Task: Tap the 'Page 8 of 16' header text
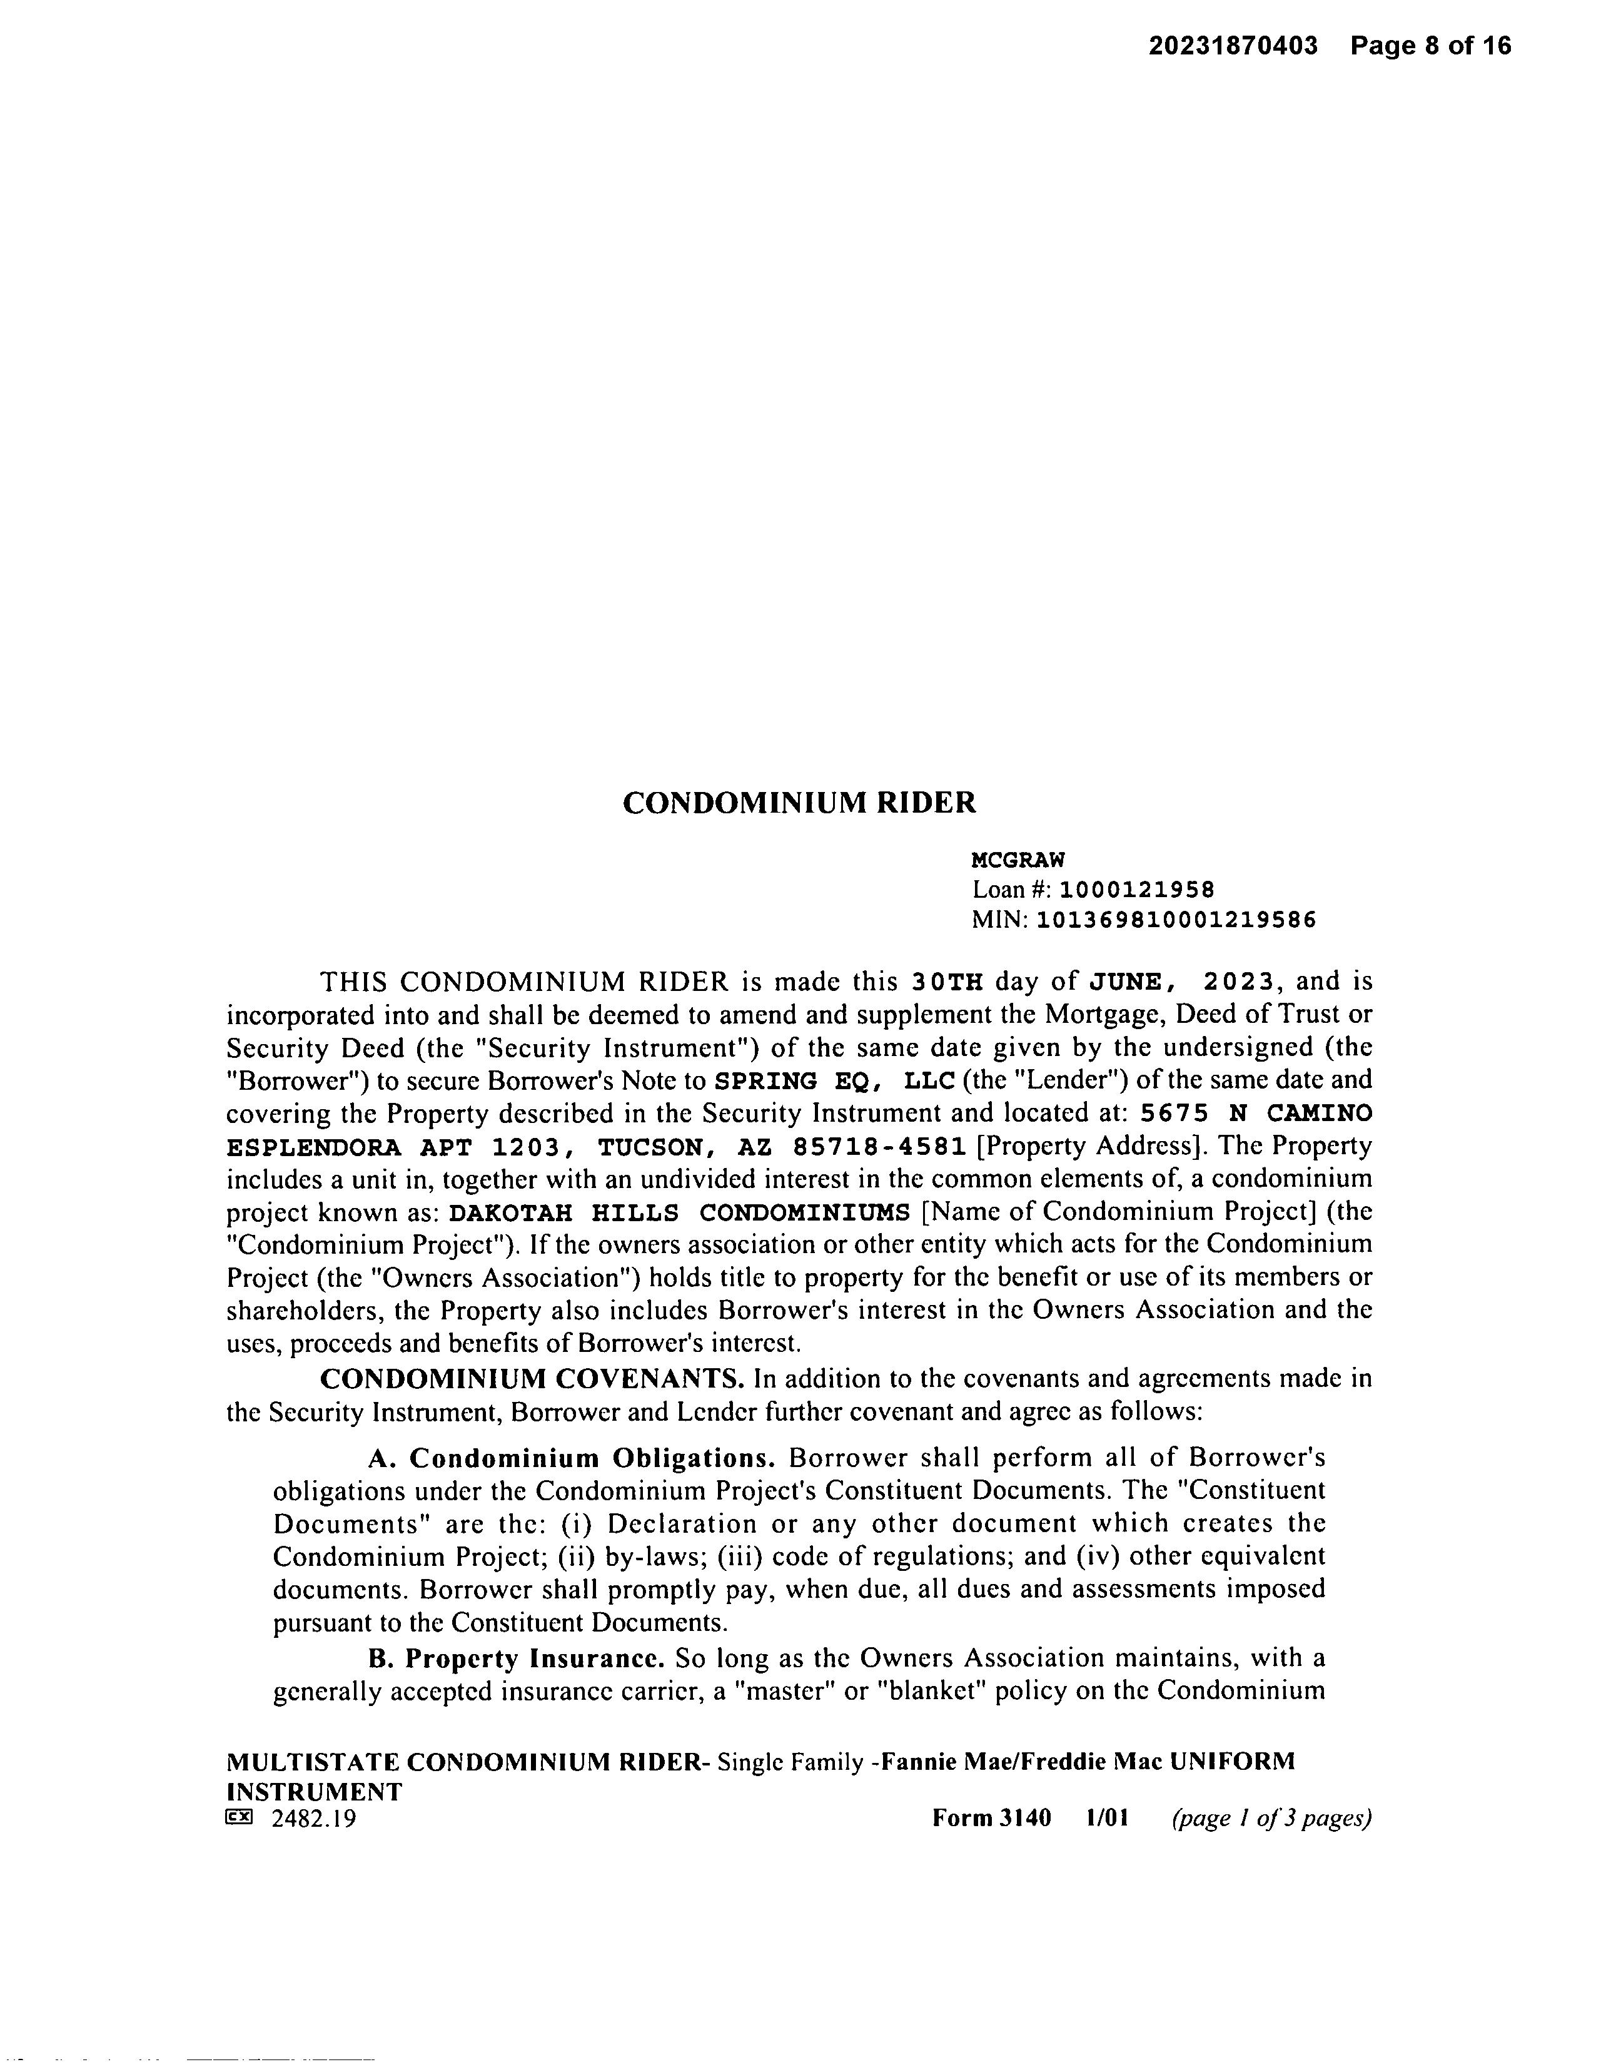point(1430,46)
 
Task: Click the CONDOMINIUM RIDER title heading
point(799,803)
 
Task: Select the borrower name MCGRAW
point(1018,860)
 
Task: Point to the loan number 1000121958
point(1136,890)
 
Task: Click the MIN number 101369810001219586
point(1176,920)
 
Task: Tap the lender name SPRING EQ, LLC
point(834,1080)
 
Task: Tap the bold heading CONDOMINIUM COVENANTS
point(532,1378)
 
